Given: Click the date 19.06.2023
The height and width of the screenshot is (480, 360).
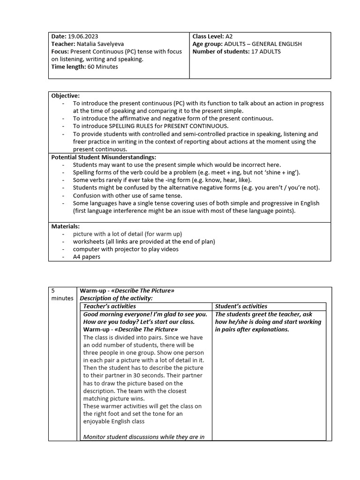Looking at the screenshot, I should (x=83, y=36).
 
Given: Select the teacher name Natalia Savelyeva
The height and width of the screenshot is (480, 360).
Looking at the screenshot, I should (x=99, y=44).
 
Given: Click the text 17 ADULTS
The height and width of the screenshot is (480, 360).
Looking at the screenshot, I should (x=266, y=52).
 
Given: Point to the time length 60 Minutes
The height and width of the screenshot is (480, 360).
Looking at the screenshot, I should (x=103, y=67).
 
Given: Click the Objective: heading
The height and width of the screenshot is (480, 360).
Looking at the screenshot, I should (x=65, y=96).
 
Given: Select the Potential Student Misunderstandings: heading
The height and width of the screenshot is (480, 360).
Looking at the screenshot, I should (x=104, y=157).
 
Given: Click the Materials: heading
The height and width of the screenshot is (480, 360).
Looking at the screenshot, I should (x=65, y=226).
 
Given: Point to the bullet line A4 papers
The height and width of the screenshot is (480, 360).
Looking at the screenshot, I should (x=87, y=257).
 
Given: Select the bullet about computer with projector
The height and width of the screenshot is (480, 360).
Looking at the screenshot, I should (x=126, y=249).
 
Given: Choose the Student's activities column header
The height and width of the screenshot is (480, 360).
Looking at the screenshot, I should (x=241, y=306).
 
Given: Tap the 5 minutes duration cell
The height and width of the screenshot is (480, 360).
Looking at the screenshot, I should (x=62, y=294).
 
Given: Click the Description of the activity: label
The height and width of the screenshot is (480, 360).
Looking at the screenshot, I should (x=116, y=298).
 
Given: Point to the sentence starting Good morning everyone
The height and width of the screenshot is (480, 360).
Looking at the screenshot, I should (x=144, y=314).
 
